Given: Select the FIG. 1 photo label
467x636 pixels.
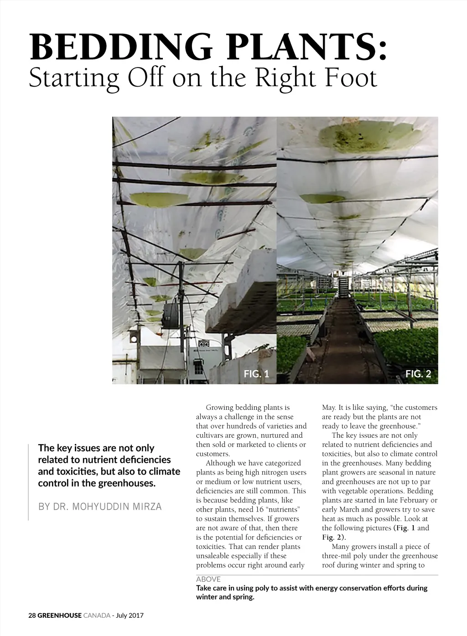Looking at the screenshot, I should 256,374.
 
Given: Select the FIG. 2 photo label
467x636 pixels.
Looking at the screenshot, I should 418,374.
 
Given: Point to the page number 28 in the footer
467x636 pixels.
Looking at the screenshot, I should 32,615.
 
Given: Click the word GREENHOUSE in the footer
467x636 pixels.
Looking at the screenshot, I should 60,615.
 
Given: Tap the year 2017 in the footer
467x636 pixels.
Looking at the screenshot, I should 136,615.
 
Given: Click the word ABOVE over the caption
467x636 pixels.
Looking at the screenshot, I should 208,579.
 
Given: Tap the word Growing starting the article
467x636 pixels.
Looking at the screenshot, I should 220,408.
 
